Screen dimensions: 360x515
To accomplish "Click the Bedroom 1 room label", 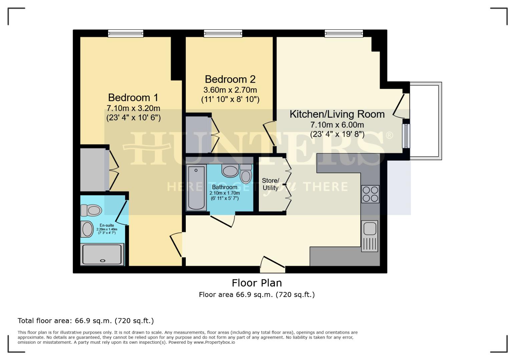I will click(133, 97).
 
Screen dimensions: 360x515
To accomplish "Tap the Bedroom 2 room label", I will click(230, 79).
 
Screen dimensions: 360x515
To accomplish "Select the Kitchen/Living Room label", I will click(337, 114).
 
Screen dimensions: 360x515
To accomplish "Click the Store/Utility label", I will click(270, 184).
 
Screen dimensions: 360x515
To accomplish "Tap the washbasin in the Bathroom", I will click(230, 171).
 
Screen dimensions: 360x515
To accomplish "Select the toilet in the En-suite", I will click(91, 210).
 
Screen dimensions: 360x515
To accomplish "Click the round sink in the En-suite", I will click(87, 229).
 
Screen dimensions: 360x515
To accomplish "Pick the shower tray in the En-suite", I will click(103, 254).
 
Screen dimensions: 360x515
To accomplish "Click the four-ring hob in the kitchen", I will click(370, 194).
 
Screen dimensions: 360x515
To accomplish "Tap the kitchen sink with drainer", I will click(370, 236).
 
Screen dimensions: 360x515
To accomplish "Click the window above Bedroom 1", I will click(125, 33).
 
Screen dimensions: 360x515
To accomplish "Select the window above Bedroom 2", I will click(223, 33).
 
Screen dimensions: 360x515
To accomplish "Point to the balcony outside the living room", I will click(425, 121).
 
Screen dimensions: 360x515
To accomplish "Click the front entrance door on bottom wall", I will click(273, 263).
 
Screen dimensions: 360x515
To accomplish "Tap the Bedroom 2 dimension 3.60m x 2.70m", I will click(230, 90).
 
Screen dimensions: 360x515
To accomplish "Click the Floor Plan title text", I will click(257, 283).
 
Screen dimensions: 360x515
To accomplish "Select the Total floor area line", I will click(86, 321).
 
